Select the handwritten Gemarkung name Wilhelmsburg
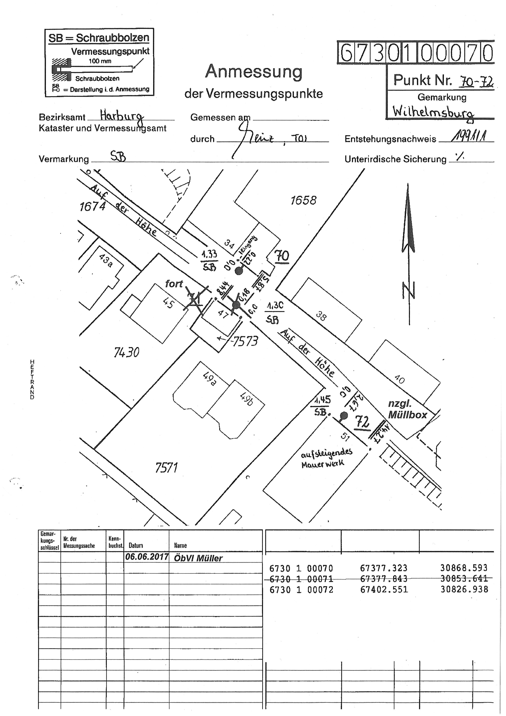(433, 112)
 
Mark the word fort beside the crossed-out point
(174, 284)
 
